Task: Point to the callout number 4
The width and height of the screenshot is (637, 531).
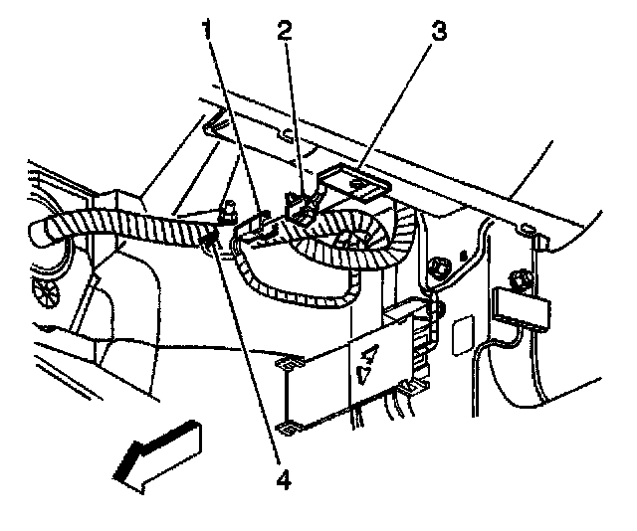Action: click(x=283, y=481)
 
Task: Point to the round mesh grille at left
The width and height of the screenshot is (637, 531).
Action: click(x=47, y=290)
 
